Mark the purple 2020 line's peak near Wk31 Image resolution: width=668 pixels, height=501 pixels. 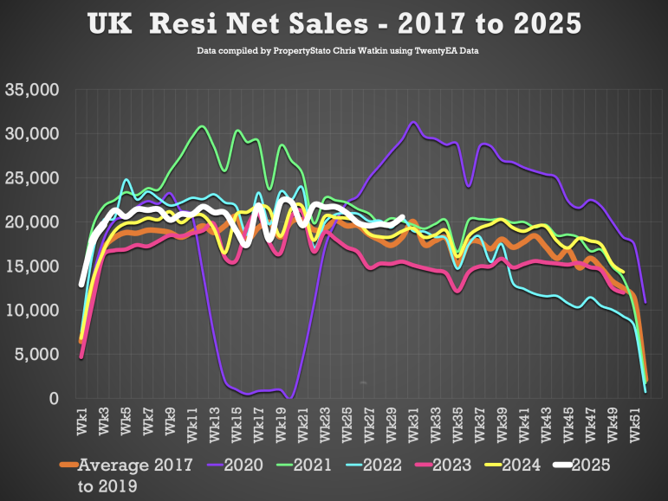pyautogui.click(x=413, y=122)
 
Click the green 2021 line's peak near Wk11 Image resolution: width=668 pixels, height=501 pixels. pyautogui.click(x=201, y=126)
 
